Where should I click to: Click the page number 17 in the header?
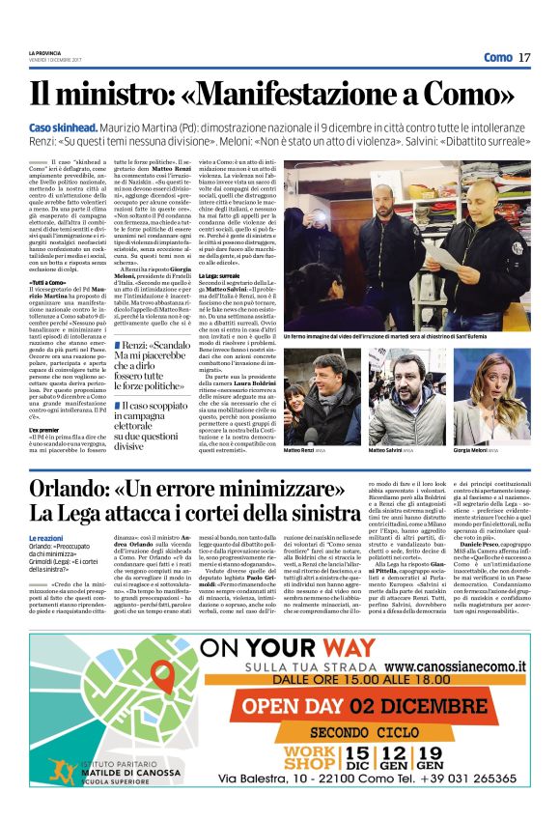click(524, 57)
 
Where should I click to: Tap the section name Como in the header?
click(497, 57)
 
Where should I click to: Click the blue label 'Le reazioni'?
click(47, 538)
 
